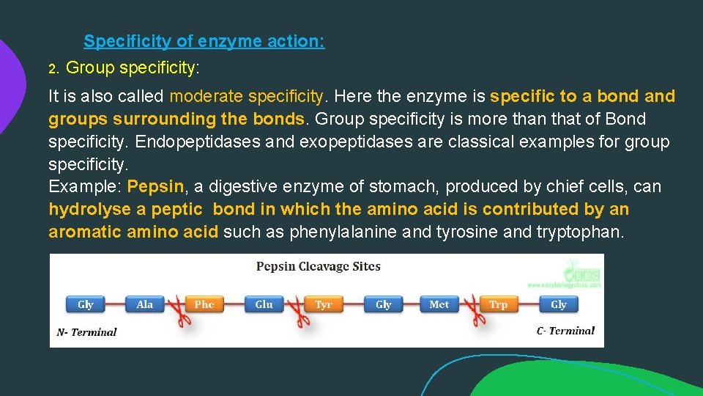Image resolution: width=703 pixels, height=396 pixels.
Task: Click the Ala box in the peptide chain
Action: click(x=145, y=304)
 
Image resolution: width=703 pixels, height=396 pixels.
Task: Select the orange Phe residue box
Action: click(x=204, y=304)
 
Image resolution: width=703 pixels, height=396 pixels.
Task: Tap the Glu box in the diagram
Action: click(x=264, y=304)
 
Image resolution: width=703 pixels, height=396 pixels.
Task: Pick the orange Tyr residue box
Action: click(x=324, y=304)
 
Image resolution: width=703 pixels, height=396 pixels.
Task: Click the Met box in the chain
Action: click(x=439, y=304)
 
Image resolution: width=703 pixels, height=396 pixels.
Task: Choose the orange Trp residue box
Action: click(x=499, y=304)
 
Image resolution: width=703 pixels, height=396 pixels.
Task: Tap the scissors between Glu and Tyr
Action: click(x=294, y=311)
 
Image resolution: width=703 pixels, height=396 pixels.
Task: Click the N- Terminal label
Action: click(x=86, y=332)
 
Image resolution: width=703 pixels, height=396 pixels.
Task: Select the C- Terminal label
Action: click(x=565, y=331)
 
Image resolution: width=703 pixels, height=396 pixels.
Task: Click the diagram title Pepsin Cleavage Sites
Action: click(x=318, y=266)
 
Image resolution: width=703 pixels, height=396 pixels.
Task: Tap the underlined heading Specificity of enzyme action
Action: click(x=204, y=42)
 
